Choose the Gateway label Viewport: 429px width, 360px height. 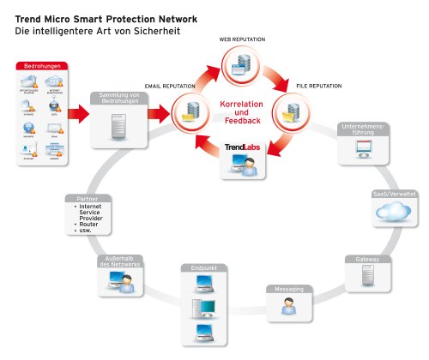coord(367,259)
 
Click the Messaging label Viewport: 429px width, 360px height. coord(287,289)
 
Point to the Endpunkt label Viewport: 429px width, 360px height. coord(200,268)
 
